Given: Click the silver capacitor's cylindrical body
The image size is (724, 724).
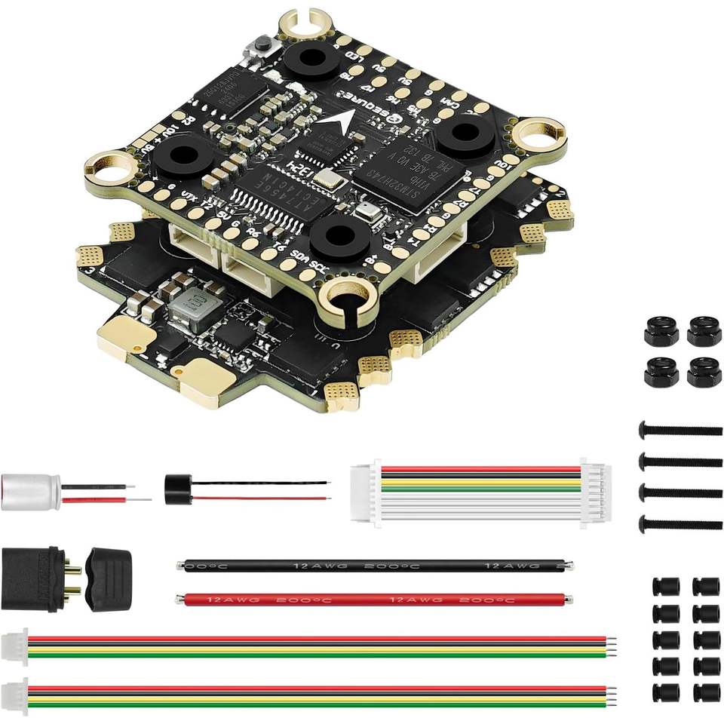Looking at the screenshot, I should click(30, 491).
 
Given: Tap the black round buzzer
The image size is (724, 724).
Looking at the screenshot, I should click(176, 484).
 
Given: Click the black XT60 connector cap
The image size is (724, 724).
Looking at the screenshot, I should click(110, 573).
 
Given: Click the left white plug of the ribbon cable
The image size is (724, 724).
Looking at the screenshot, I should click(365, 493).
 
